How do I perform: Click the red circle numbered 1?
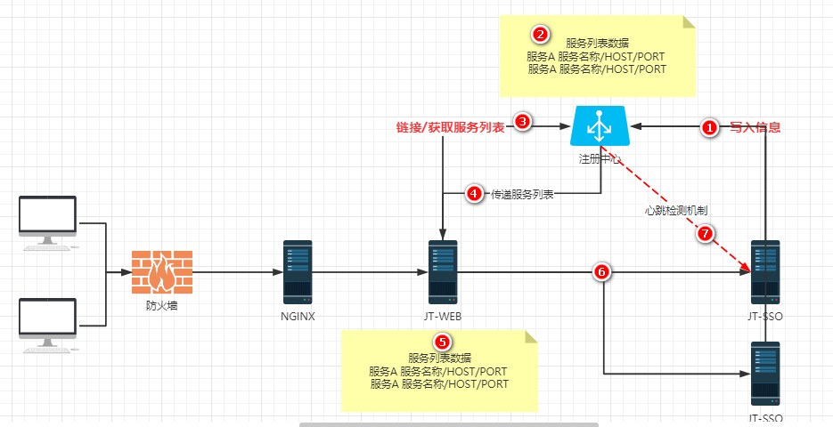click(x=710, y=128)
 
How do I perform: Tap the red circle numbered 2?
click(x=540, y=35)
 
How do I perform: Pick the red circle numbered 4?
click(x=475, y=194)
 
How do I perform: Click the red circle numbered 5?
click(x=441, y=342)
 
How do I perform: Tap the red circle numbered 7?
click(x=705, y=234)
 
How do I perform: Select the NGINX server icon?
click(x=298, y=271)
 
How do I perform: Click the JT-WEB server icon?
click(x=442, y=271)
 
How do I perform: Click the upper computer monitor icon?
click(x=48, y=220)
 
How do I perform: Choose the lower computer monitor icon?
click(x=48, y=323)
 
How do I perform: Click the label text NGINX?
click(x=298, y=316)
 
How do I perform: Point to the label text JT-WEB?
click(x=442, y=316)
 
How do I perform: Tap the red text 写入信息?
click(x=755, y=127)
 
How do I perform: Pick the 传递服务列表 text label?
click(x=522, y=194)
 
